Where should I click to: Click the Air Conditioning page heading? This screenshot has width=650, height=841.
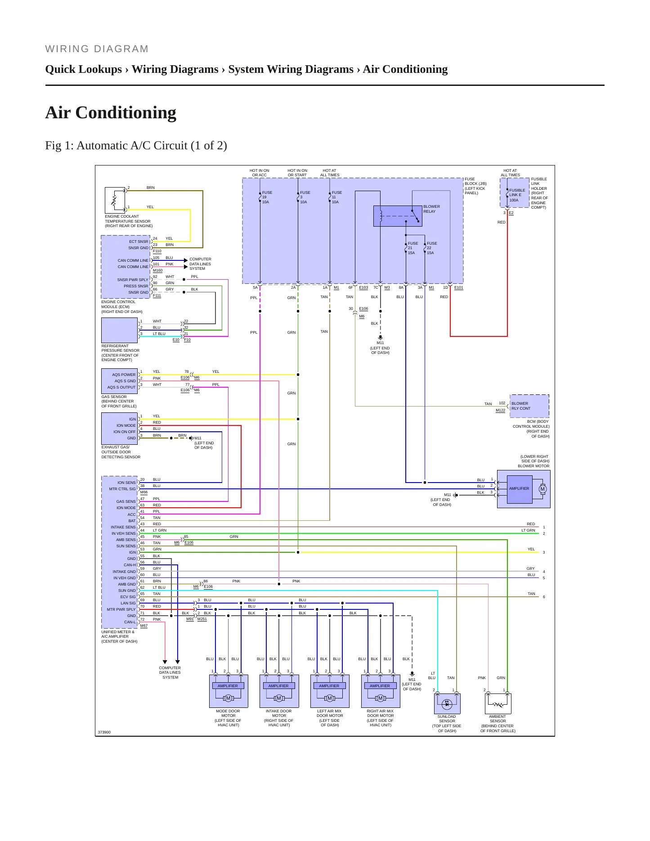tap(111, 112)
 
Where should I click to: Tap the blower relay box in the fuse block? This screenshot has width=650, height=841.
tap(398, 216)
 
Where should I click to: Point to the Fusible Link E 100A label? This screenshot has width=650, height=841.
tap(517, 195)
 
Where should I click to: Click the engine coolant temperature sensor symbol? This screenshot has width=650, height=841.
tap(115, 200)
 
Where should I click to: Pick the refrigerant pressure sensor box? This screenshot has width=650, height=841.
tap(119, 331)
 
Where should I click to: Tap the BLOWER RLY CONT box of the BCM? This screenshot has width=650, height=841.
tap(529, 406)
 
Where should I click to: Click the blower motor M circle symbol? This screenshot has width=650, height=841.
tap(542, 489)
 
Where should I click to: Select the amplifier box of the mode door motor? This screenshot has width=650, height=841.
tap(228, 686)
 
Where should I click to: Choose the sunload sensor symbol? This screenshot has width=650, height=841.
tap(447, 704)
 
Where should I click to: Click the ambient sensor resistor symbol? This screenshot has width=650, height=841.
tap(498, 704)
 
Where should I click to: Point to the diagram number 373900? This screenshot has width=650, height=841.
tap(104, 732)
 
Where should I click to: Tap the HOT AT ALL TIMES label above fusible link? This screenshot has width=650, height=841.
tap(511, 173)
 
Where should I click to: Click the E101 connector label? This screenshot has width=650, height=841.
tap(458, 287)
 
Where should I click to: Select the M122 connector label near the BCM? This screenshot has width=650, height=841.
tap(500, 410)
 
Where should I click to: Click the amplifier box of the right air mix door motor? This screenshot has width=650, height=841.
tap(380, 686)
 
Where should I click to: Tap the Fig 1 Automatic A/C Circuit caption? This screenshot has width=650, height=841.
tap(136, 146)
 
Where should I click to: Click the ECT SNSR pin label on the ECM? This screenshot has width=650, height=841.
tap(139, 242)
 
